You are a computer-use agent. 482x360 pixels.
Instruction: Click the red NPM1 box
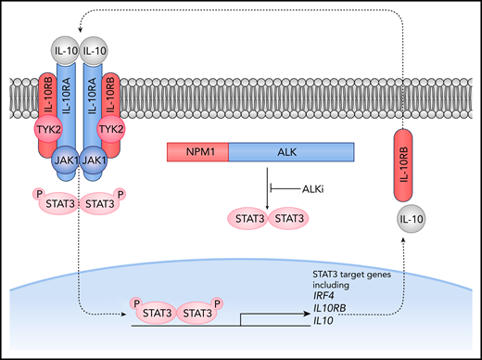click(197, 154)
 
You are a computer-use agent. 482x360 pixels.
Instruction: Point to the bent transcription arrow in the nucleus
click(243, 318)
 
